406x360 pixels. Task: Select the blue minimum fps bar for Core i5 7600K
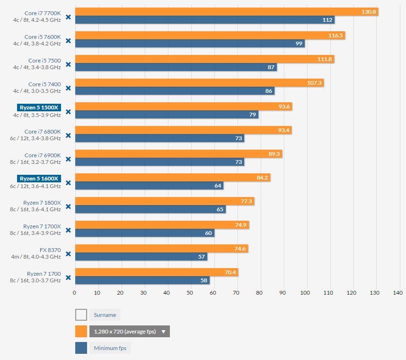click(189, 44)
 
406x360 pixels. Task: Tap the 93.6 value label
click(284, 107)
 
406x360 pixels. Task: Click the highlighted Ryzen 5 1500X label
click(39, 108)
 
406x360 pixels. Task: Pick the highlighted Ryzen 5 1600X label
click(39, 179)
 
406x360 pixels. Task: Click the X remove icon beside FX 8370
click(68, 254)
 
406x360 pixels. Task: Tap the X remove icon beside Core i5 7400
click(68, 88)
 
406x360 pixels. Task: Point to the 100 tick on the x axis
click(305, 293)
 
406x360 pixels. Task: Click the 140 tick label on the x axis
click(397, 293)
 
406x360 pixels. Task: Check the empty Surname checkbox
click(81, 315)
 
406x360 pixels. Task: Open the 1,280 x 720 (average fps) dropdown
click(129, 332)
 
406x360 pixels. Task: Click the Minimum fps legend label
click(111, 348)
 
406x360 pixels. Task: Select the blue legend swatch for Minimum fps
click(81, 348)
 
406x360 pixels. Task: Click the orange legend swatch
click(81, 332)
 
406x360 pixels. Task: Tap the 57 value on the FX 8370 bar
click(202, 257)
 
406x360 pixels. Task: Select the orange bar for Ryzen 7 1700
click(156, 272)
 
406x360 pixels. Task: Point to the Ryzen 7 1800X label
click(42, 202)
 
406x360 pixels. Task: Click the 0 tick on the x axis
click(75, 293)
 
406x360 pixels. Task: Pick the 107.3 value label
click(315, 83)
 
